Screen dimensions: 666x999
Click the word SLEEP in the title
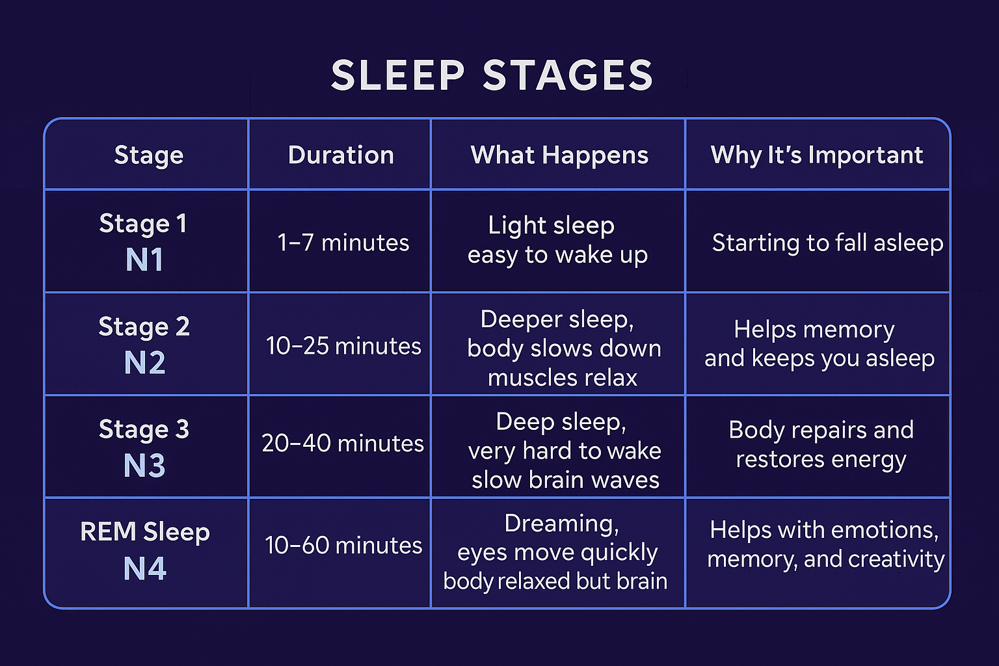[397, 75]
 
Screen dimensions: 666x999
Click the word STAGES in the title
[568, 75]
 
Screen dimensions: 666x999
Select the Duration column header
[341, 155]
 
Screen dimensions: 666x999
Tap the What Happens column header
[559, 155]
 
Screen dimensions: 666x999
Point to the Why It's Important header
[817, 155]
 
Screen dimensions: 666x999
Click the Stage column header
[149, 155]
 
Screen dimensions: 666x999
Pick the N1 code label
[144, 260]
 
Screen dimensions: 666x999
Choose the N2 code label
[144, 363]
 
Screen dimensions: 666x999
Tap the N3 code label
[144, 466]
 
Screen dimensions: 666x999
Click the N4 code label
[144, 568]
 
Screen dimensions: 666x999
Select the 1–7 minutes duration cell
[343, 243]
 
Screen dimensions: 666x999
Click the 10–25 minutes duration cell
[343, 346]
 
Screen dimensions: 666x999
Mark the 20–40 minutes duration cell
[343, 444]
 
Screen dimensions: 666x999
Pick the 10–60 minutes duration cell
[343, 545]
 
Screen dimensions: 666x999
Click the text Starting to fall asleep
[827, 243]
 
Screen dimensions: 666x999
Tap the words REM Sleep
[145, 532]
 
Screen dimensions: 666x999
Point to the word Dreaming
[561, 524]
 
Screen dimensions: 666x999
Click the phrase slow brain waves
[565, 480]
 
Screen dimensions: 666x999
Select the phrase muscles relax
[563, 378]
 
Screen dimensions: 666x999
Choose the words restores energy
[821, 459]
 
